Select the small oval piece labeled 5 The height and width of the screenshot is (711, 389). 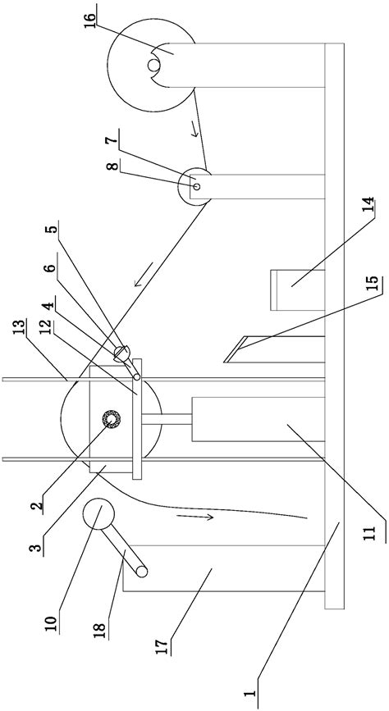pyautogui.click(x=122, y=353)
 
